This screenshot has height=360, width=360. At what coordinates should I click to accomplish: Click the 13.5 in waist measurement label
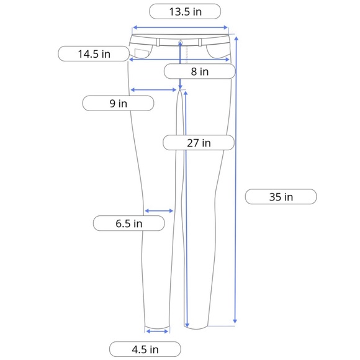tap(185, 11)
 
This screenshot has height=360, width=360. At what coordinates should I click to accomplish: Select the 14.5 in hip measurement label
tap(94, 54)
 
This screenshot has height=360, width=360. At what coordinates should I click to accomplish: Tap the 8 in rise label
tap(200, 71)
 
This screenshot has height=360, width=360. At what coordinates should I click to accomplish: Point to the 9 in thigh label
tap(118, 103)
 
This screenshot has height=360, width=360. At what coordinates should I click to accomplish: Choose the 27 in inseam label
tap(199, 143)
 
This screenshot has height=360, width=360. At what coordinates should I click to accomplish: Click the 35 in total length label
tap(281, 197)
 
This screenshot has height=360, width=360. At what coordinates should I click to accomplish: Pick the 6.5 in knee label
tap(129, 223)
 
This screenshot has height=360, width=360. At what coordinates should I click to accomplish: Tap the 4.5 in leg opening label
tap(145, 349)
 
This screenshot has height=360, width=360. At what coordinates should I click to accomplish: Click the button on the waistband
tap(181, 42)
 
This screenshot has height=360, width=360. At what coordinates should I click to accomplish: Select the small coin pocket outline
tap(142, 53)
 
